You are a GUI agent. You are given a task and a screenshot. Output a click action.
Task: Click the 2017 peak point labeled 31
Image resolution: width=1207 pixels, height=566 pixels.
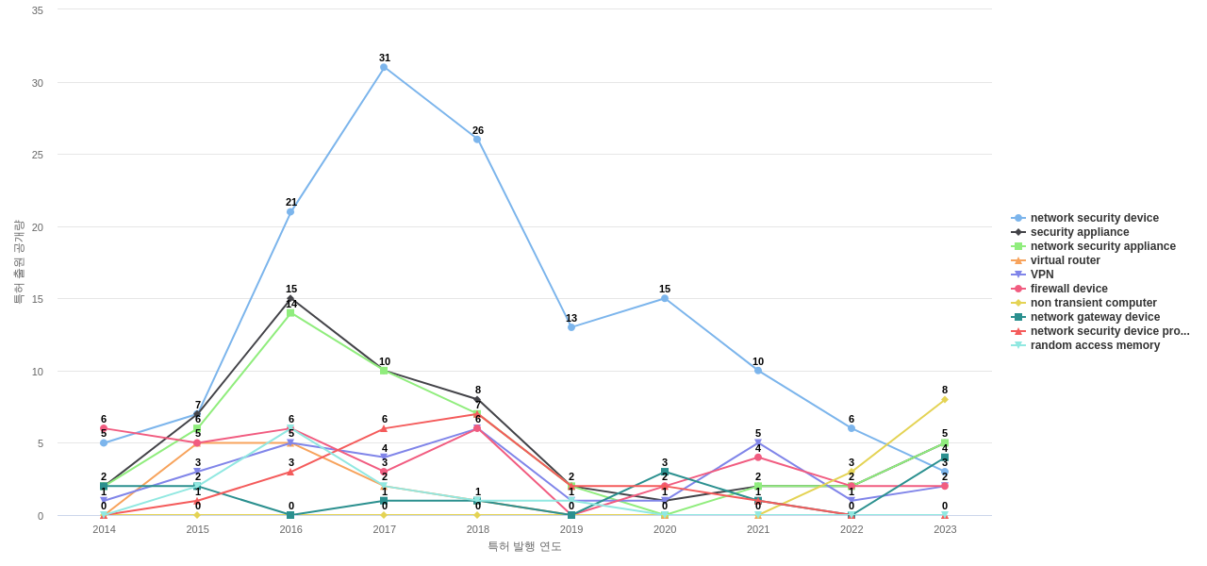point(384,68)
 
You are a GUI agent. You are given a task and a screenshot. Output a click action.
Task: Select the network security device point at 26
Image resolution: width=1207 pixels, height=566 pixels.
point(477,140)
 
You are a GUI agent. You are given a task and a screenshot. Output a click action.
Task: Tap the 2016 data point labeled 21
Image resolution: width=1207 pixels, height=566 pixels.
point(290,212)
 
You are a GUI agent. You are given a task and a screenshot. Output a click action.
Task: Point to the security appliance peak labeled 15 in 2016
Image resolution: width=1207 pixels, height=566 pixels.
point(290,299)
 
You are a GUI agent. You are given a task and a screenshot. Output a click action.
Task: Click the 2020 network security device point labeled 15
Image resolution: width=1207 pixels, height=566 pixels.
point(665,299)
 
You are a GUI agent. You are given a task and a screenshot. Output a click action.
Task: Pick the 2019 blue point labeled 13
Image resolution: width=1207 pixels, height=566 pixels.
point(571,327)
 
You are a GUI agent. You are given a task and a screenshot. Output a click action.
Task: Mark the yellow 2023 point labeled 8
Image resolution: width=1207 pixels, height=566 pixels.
point(945,400)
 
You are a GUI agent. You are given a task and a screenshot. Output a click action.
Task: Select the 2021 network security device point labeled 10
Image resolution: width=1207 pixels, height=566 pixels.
point(758,371)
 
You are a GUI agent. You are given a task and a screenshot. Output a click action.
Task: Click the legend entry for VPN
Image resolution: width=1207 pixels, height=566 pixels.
point(1041,275)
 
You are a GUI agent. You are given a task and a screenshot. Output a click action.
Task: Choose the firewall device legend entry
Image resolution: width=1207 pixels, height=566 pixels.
point(1068,289)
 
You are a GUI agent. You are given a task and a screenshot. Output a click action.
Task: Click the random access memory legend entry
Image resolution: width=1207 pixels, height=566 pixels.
point(1095,345)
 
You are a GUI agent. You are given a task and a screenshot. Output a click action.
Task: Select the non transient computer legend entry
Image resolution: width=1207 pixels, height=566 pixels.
point(1093,303)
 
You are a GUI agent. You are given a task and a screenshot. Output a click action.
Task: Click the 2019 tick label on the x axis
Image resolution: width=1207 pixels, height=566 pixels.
point(571,529)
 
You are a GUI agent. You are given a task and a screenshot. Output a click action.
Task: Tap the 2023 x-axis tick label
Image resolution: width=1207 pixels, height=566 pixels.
point(945,529)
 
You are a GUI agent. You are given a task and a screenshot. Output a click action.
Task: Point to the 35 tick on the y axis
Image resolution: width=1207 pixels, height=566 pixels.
point(38,10)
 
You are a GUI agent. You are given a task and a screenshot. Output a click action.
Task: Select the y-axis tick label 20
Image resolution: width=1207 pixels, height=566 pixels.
point(38,227)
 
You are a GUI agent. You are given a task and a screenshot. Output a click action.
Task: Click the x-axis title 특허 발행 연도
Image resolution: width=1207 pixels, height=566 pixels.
point(524,546)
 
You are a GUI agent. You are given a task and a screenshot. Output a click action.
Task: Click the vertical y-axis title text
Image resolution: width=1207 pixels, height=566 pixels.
point(18,262)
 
